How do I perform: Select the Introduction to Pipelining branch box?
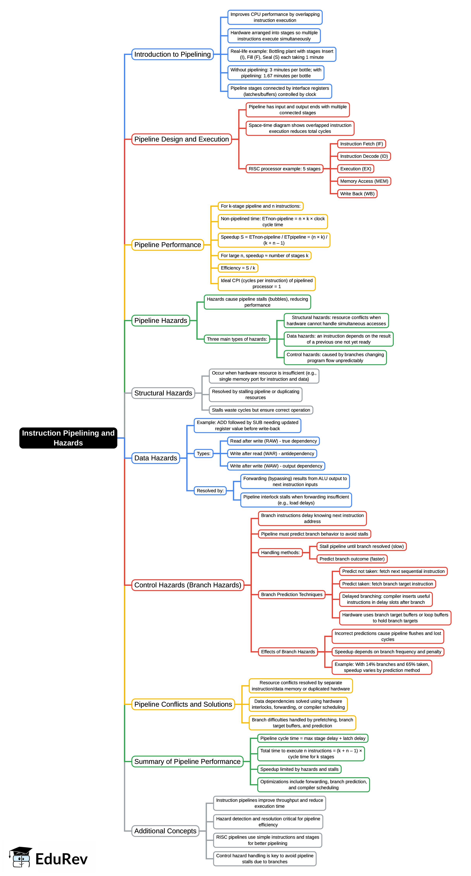click(x=172, y=54)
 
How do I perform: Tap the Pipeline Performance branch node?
click(x=168, y=245)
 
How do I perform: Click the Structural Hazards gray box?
click(x=163, y=393)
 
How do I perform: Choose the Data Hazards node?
click(x=156, y=458)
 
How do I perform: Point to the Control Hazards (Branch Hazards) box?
click(x=188, y=585)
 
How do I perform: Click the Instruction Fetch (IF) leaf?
click(x=361, y=144)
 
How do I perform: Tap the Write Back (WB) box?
click(x=357, y=194)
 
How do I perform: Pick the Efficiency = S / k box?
click(x=238, y=268)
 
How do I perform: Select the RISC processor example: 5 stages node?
click(x=284, y=169)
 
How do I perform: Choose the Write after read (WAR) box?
click(x=272, y=454)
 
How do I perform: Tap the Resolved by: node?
click(x=210, y=491)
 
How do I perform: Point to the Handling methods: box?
click(x=280, y=553)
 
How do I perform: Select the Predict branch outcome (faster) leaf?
click(x=352, y=559)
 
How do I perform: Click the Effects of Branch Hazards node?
click(x=288, y=652)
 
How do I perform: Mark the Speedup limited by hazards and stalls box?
click(x=299, y=769)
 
